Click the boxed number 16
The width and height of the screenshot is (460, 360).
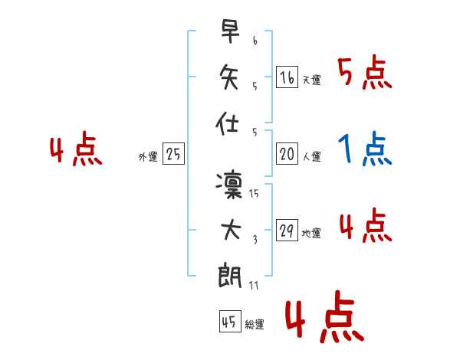pos(287,77)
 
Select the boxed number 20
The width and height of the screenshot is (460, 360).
pos(287,155)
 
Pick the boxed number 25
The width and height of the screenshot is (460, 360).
pos(173,155)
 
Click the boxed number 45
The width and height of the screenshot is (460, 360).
pos(228,322)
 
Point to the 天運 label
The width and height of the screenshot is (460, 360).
pos(311,80)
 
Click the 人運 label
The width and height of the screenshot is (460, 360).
pos(311,157)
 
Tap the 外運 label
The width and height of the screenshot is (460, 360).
pos(148,157)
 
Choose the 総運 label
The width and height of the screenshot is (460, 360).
pos(254,325)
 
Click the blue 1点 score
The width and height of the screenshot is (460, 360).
pos(364,149)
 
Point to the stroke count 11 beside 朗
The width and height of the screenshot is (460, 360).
pos(254,285)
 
